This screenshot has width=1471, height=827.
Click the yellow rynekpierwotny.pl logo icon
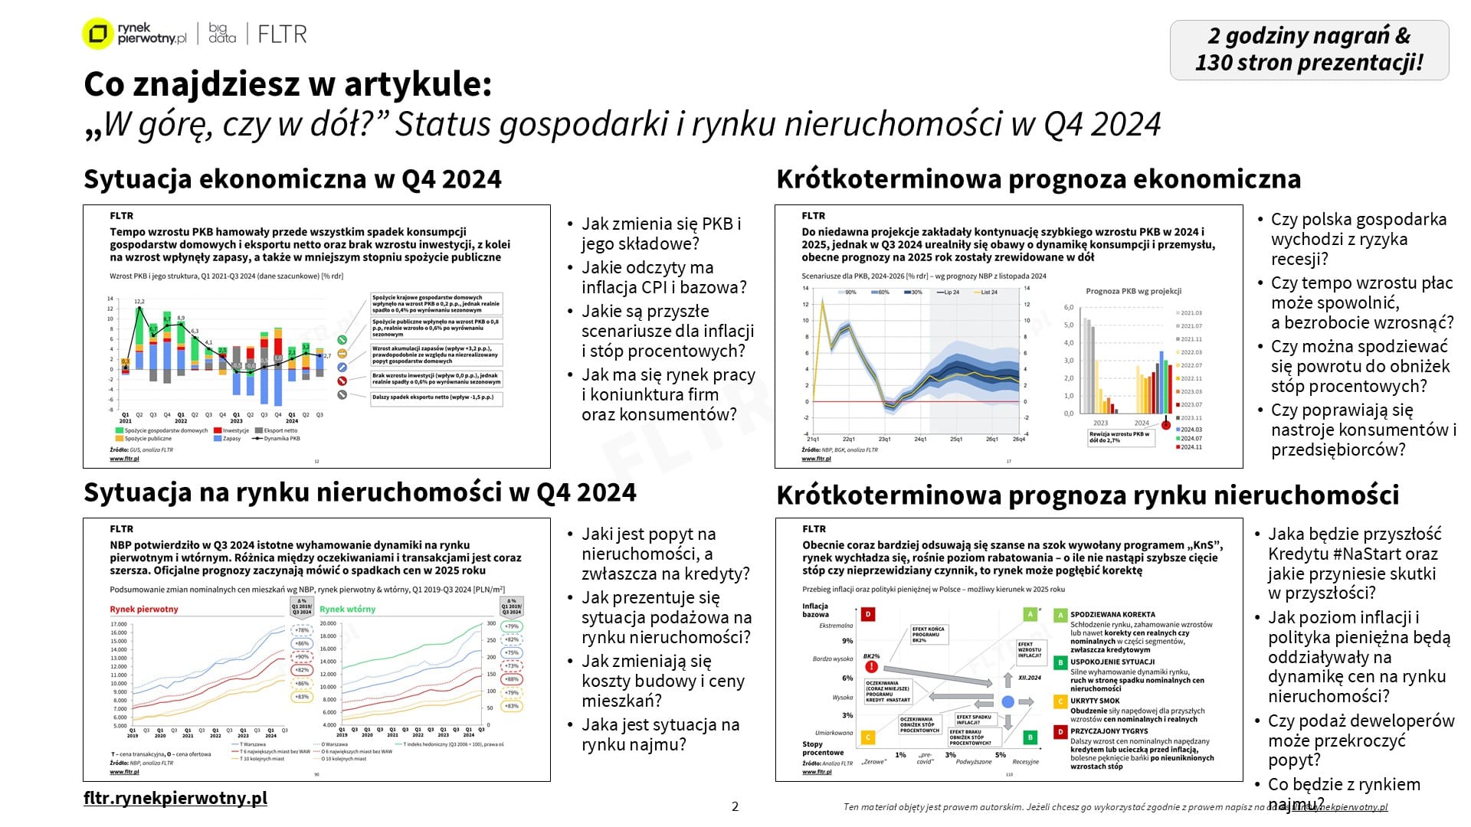pos(97,34)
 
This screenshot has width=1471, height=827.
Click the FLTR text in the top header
pos(282,34)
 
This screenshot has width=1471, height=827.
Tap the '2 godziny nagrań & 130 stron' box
pos(1309,50)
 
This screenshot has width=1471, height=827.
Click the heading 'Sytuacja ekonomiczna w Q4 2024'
pos(292,179)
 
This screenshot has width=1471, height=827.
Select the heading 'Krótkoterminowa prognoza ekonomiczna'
pos(1038,179)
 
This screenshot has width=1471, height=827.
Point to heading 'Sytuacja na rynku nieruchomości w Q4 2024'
pos(359,492)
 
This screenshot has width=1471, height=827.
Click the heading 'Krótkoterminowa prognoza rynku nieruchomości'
pos(1087,495)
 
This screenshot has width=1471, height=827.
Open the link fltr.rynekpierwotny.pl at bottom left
pos(175,798)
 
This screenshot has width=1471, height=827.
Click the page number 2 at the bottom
pos(735,806)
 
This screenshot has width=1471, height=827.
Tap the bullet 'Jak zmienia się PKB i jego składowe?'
pos(660,234)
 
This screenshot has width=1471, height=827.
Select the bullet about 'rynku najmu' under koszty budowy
pos(660,734)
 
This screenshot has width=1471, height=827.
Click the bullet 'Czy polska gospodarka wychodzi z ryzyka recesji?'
pos(1358,239)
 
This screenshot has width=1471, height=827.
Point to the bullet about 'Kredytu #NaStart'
pos(1354,563)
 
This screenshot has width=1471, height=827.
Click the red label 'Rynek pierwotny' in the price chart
pos(144,610)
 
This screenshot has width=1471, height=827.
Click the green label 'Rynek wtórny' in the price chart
pos(348,610)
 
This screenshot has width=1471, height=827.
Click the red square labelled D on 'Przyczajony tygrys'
pos(1060,732)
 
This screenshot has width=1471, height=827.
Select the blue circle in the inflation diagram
pos(1008,701)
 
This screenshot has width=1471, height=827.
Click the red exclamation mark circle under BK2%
pos(871,667)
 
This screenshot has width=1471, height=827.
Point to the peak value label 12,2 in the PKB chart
pos(139,302)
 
